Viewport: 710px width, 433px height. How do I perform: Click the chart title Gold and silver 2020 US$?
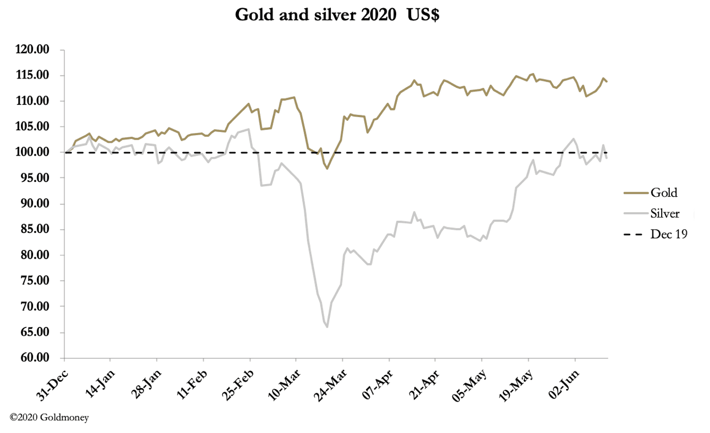(x=337, y=15)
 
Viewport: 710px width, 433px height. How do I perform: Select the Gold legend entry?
(x=664, y=193)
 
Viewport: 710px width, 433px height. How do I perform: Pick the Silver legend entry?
(x=665, y=214)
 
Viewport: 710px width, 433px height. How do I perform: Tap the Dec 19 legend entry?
(x=669, y=235)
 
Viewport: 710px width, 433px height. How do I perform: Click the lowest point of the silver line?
(x=327, y=327)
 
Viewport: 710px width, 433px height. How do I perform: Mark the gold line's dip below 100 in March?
(x=327, y=168)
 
